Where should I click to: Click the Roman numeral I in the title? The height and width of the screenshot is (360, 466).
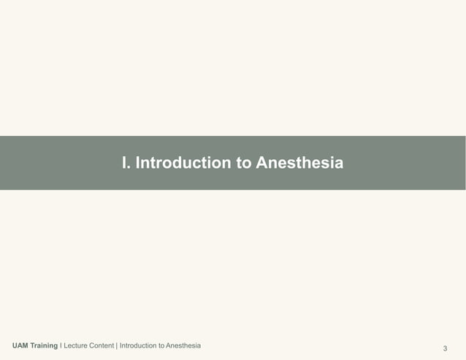[125, 163]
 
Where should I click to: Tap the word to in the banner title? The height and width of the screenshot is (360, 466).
[245, 163]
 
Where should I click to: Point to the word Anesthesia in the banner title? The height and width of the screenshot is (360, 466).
[299, 163]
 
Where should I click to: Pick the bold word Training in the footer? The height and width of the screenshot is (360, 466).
[45, 345]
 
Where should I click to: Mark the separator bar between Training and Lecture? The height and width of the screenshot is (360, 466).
[61, 345]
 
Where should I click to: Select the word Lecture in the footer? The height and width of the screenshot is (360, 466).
[76, 345]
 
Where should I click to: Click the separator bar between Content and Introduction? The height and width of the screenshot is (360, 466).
[116, 345]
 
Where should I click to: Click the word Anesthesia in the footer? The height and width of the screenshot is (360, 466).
[183, 345]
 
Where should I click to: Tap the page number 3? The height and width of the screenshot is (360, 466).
[446, 347]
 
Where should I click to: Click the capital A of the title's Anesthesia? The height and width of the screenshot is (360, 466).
[261, 163]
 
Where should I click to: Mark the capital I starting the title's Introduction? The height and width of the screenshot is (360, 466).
[138, 163]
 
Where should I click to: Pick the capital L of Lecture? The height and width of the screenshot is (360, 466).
[66, 345]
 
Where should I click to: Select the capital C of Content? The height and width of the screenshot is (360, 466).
[91, 345]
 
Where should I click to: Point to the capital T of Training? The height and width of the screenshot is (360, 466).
[34, 345]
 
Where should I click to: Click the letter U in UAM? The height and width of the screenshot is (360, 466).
[15, 345]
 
